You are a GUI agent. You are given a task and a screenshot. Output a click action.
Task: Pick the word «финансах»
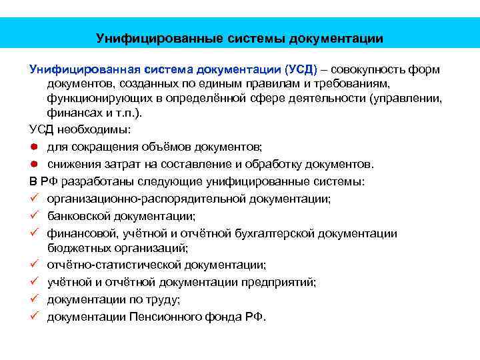71,113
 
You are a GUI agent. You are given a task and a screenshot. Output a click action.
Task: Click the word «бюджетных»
73,248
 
